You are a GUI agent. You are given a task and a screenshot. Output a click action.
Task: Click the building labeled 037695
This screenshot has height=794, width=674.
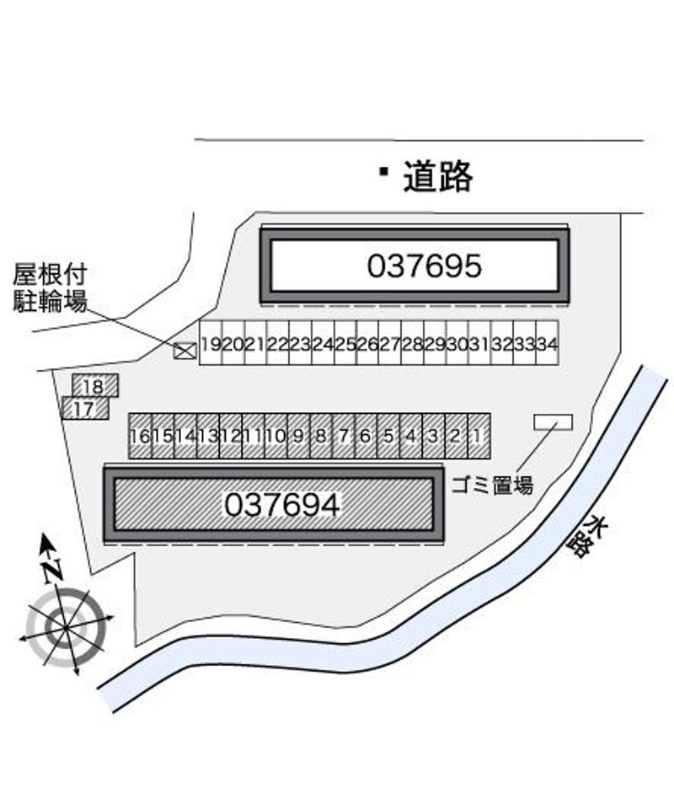click(x=414, y=266)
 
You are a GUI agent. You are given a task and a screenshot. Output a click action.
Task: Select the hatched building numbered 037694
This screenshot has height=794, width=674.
click(x=273, y=504)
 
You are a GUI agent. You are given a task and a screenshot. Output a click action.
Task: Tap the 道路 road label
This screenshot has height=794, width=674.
click(x=437, y=177)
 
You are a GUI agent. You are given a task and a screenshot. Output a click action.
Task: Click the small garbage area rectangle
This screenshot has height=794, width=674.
click(x=553, y=421)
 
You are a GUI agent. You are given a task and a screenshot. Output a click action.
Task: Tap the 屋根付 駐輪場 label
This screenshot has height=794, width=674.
click(x=50, y=287)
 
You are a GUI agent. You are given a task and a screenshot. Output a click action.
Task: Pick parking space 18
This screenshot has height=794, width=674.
click(x=94, y=386)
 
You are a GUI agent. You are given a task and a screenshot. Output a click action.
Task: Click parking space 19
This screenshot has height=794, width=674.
click(x=211, y=343)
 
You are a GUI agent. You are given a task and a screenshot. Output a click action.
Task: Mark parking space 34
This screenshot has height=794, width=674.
click(x=547, y=343)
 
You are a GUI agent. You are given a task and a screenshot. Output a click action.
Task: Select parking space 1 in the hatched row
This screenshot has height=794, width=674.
click(x=478, y=436)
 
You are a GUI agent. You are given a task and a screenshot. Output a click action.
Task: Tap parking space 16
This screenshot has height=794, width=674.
click(x=140, y=436)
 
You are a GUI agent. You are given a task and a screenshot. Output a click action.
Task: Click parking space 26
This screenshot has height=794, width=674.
click(x=367, y=343)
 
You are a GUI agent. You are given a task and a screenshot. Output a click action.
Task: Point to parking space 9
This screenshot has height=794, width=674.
click(x=298, y=436)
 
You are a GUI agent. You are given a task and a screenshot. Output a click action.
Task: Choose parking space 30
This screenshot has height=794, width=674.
click(x=457, y=343)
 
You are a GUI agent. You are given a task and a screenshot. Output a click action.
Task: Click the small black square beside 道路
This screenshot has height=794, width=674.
click(x=383, y=172)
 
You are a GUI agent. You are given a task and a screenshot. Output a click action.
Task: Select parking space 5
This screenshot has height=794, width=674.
click(x=388, y=436)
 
